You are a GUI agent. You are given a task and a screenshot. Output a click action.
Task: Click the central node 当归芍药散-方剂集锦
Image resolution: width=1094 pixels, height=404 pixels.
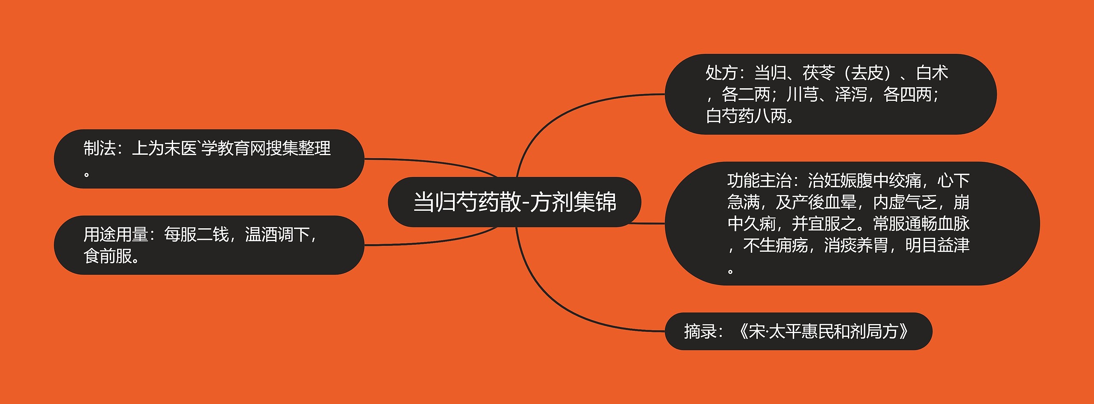(515, 202)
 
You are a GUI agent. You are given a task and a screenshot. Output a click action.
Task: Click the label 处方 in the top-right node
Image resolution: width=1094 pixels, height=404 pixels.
(721, 73)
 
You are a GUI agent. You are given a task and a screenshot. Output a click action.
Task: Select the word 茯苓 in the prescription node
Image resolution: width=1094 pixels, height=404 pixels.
(819, 73)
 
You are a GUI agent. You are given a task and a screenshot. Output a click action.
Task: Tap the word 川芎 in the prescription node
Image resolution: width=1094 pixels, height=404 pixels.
(803, 94)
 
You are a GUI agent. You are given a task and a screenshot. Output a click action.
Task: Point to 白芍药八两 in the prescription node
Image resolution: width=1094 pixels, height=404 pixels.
(746, 116)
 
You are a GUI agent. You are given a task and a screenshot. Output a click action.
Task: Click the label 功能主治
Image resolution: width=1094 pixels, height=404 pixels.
(759, 181)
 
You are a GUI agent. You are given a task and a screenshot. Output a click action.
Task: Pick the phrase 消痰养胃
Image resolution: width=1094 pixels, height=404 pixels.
(856, 245)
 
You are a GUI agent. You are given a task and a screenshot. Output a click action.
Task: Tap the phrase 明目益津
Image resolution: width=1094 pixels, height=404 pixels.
(937, 245)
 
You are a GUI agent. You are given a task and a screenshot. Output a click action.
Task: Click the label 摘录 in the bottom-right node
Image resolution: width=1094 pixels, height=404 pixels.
(700, 331)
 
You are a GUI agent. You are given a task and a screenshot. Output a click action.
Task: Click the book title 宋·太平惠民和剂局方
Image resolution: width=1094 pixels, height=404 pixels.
(823, 331)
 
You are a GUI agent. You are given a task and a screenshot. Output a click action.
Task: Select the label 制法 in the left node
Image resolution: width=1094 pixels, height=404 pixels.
(100, 148)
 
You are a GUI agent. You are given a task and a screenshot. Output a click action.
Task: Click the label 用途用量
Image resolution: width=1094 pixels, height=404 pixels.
(116, 235)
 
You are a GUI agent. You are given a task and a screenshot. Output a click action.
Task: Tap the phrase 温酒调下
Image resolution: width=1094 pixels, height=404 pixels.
(277, 235)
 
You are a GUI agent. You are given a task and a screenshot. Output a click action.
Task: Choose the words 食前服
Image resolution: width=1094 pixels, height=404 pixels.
(108, 256)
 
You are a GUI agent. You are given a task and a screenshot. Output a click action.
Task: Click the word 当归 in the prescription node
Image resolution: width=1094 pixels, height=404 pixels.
(770, 73)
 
